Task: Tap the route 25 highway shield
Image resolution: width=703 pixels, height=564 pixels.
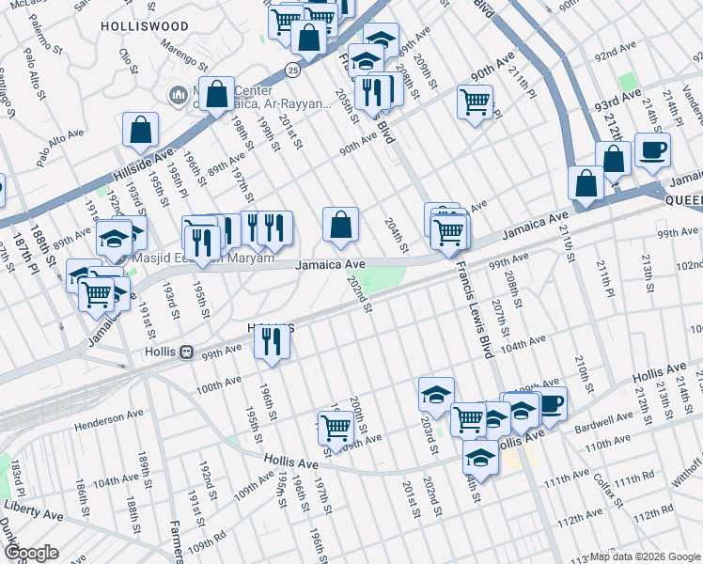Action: click(293, 70)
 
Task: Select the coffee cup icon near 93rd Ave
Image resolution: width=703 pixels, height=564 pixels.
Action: click(652, 150)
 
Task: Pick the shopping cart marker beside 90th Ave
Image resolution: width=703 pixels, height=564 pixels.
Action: click(476, 101)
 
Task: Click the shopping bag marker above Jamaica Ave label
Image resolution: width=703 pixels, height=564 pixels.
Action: click(340, 225)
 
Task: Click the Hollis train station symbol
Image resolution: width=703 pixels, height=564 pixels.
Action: click(187, 352)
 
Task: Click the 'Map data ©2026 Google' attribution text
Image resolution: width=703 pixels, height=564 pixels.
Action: click(645, 556)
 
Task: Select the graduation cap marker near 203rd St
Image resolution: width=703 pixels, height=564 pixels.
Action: click(436, 395)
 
